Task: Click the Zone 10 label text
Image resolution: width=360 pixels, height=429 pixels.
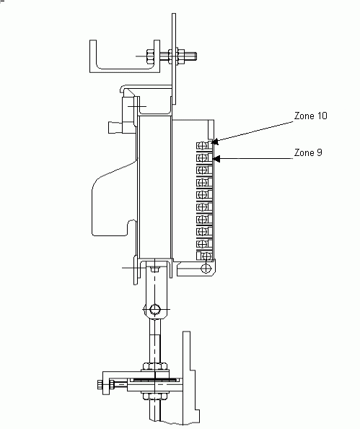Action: pos(310,116)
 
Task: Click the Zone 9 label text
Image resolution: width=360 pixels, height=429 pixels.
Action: pos(308,152)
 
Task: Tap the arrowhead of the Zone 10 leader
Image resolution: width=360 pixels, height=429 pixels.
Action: pos(215,142)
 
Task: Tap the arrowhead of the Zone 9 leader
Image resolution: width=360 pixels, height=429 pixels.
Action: pos(216,158)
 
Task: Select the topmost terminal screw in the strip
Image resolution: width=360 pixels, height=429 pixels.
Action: pos(202,145)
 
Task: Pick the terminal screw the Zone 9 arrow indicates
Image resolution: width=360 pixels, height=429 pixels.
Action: pos(202,157)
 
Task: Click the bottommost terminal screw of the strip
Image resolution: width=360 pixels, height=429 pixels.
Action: pos(206,256)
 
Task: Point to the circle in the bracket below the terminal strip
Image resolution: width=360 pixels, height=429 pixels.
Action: pos(206,268)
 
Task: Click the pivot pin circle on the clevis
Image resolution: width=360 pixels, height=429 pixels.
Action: pos(155,309)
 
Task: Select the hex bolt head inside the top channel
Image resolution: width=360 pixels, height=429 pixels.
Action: pos(150,56)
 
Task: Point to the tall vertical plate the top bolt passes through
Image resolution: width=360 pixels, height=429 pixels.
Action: pos(174,58)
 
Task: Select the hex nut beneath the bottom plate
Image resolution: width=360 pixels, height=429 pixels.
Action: pos(154,396)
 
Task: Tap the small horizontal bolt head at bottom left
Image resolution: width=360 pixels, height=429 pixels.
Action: pos(100,384)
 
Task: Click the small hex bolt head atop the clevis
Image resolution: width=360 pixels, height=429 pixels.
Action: pos(154,269)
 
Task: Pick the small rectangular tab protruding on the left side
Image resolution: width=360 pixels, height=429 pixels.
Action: pos(115,128)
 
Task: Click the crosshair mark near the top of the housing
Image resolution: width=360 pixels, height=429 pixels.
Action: pos(137,106)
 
